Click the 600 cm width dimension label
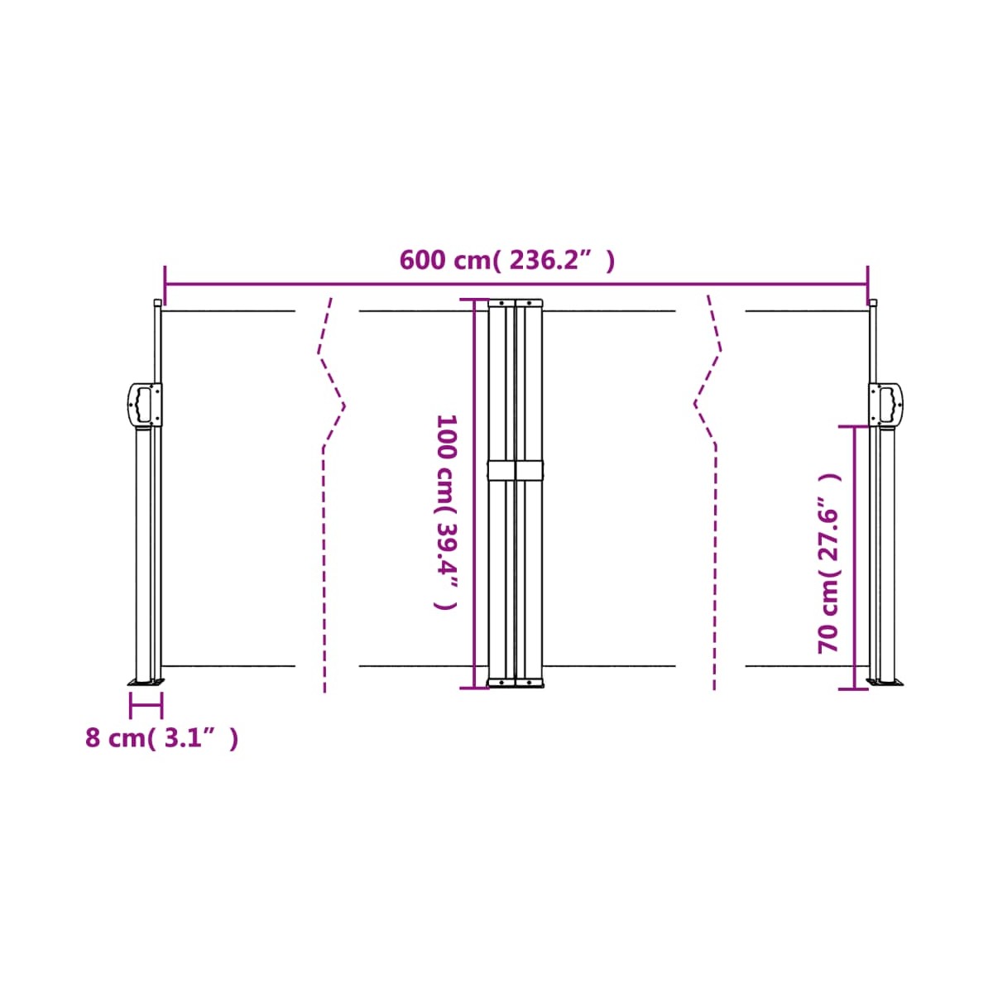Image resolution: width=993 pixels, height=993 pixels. pos(507,261)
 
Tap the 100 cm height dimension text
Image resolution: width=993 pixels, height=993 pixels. pos(446,512)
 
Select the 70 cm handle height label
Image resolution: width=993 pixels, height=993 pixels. pos(829,564)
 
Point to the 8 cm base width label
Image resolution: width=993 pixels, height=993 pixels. pos(161,738)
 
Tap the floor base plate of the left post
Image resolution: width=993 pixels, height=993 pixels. pos(146,683)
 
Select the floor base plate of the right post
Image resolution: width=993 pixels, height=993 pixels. pos(885,683)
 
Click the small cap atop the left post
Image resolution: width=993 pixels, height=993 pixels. pos(158,303)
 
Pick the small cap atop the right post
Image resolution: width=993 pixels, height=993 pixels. pos(873,303)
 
